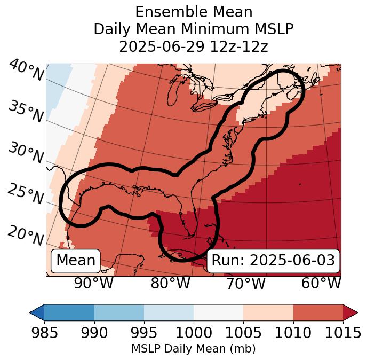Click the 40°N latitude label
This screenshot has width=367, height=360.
pos(26,71)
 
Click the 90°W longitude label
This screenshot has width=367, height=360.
pos(93,283)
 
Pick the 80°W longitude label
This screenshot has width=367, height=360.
pos(170,283)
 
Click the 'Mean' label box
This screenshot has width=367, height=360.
pos(76,261)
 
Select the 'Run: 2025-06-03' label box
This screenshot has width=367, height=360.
pos(273,261)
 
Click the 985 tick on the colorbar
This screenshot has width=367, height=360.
pos(44,333)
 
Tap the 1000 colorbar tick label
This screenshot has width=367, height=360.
pos(194,333)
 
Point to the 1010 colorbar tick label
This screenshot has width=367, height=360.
pos(293,333)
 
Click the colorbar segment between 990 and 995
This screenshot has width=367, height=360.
pos(119,312)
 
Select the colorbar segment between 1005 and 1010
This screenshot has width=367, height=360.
pos(268,312)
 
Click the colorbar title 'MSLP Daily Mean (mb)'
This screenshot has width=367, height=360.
pos(193,349)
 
